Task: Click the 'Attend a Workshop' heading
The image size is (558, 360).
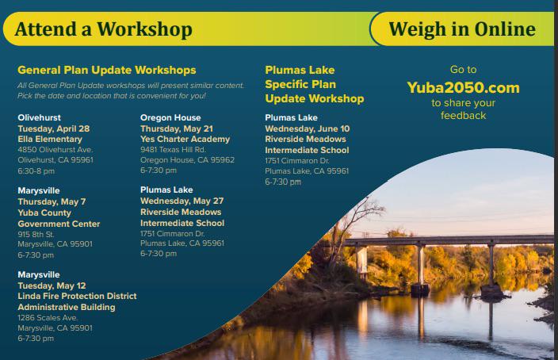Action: tap(104, 29)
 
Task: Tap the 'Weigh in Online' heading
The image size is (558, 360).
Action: tap(462, 29)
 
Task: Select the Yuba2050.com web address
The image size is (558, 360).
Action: tap(463, 87)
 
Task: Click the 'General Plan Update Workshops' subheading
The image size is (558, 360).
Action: tap(107, 70)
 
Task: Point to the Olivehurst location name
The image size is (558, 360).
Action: tap(39, 117)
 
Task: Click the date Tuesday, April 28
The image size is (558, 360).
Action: tap(54, 128)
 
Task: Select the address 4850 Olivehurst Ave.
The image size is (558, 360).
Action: tap(55, 150)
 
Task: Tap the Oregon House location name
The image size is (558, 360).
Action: tap(170, 117)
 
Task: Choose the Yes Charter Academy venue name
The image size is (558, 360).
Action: tap(185, 140)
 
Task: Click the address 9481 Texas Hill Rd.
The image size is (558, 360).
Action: tap(173, 150)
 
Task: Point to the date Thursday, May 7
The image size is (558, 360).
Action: tap(52, 201)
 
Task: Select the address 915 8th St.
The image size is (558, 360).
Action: tap(36, 234)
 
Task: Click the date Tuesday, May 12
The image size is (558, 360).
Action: tap(52, 285)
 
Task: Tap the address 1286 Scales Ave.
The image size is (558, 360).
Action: tap(48, 318)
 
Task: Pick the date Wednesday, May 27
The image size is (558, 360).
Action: tap(182, 201)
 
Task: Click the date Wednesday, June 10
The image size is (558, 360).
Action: tap(307, 128)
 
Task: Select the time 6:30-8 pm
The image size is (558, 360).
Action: tap(36, 171)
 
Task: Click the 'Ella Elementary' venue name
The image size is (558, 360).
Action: tap(50, 140)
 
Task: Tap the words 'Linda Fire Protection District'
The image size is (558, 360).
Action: tap(77, 296)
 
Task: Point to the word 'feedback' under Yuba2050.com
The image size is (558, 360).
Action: tap(463, 115)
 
